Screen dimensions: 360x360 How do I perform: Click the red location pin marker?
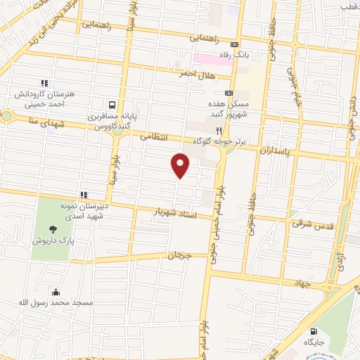pos(181,165)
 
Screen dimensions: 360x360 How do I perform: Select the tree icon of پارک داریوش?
pos(53,229)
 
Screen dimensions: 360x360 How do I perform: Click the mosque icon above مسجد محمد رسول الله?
pos(56,292)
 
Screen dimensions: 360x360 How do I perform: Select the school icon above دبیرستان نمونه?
pos(83,195)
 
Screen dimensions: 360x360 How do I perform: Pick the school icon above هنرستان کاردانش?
pos(44,82)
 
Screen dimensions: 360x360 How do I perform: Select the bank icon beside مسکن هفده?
pos(229,93)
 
